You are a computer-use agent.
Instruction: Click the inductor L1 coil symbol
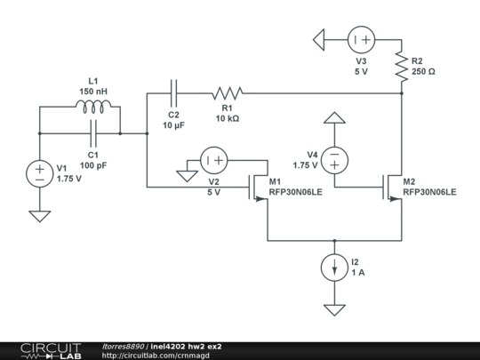pyautogui.click(x=93, y=108)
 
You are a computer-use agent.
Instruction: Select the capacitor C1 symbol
pyautogui.click(x=93, y=134)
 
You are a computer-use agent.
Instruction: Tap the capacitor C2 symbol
pyautogui.click(x=174, y=91)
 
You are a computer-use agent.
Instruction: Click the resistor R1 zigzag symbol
pyautogui.click(x=227, y=91)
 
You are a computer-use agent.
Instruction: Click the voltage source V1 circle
pyautogui.click(x=40, y=173)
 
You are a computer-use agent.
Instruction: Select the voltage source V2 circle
pyautogui.click(x=213, y=161)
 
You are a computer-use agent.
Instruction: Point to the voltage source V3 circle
pyautogui.click(x=360, y=39)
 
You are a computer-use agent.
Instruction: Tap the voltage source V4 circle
pyautogui.click(x=333, y=160)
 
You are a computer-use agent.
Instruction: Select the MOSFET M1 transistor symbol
pyautogui.click(x=258, y=188)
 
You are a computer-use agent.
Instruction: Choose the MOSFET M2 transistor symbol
pyautogui.click(x=392, y=188)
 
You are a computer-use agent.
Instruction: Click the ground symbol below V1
pyautogui.click(x=40, y=214)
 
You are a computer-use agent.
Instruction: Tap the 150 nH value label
pyautogui.click(x=93, y=92)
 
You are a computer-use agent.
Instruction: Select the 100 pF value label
pyautogui.click(x=93, y=165)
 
